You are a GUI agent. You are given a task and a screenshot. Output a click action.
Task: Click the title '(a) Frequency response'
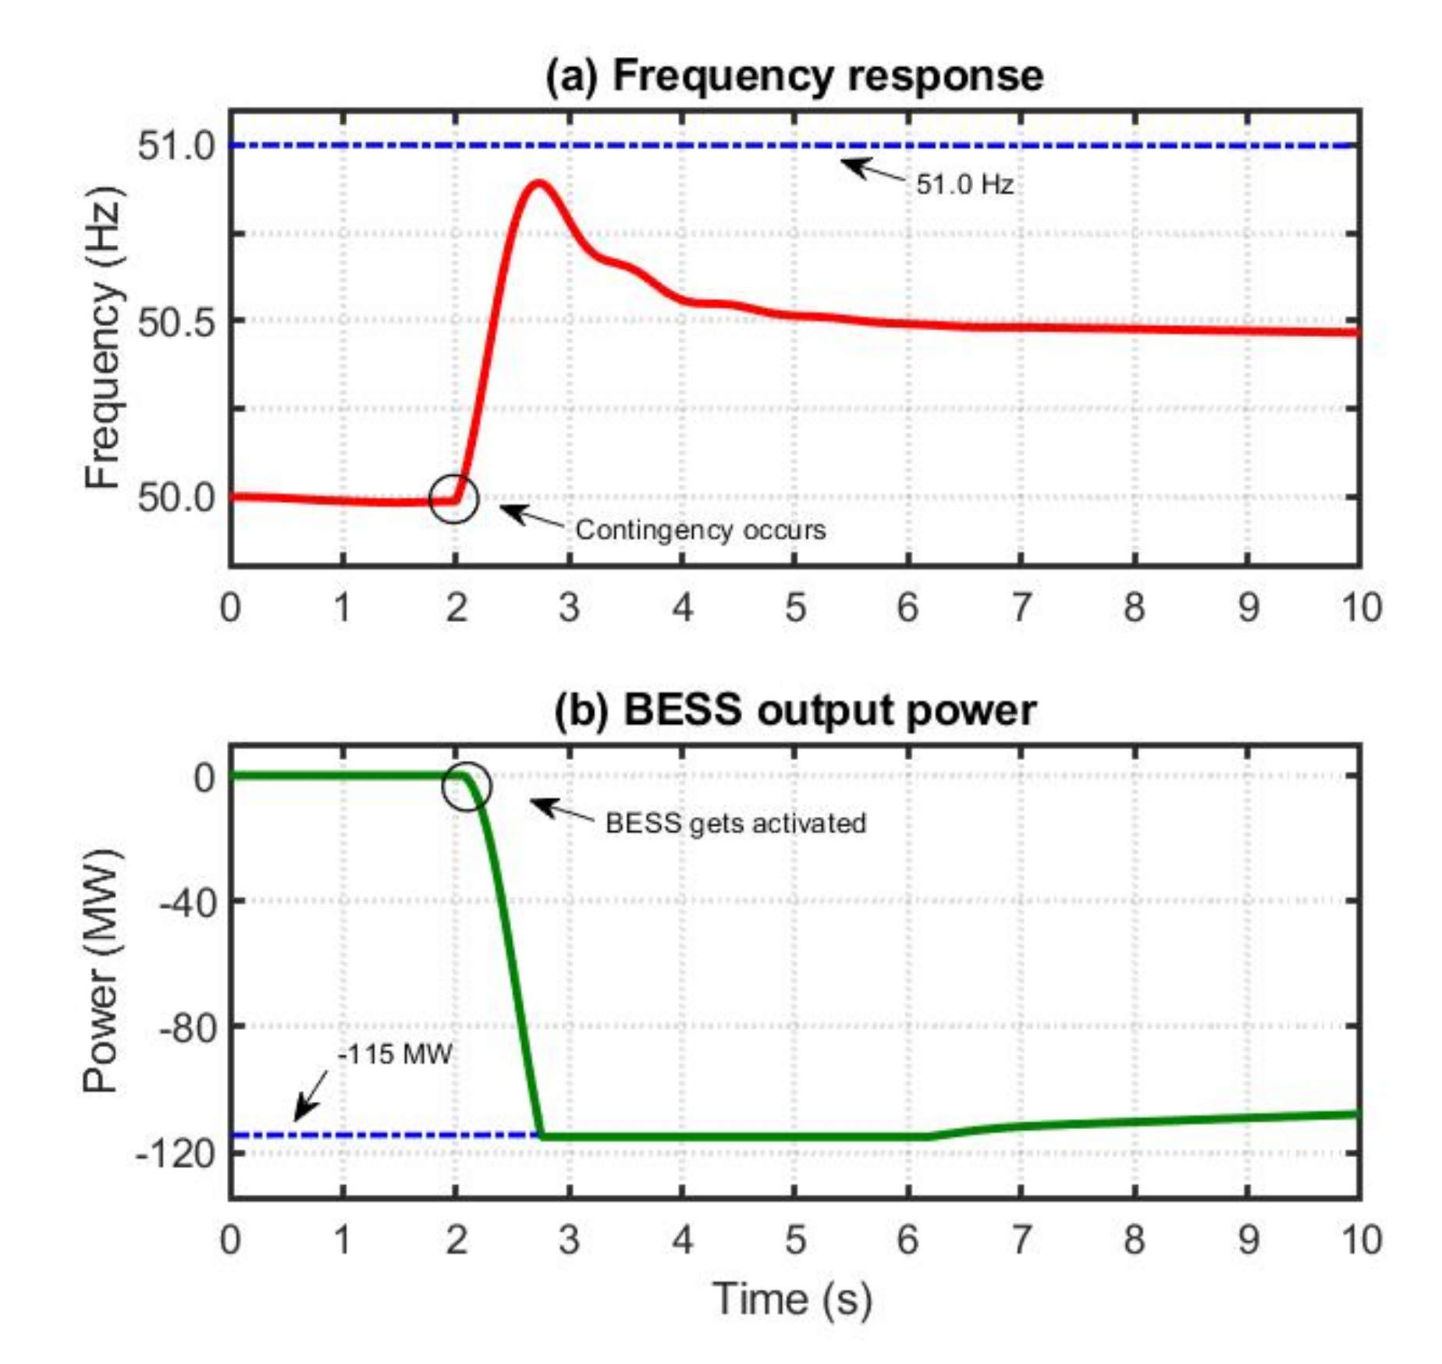coord(794,76)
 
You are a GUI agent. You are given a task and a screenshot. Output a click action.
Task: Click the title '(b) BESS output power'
coord(794,711)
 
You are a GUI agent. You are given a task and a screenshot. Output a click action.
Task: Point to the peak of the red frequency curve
coord(538,183)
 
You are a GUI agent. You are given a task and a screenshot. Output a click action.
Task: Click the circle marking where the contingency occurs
coord(453,498)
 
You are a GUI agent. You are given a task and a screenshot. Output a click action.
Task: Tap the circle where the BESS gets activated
coord(467,786)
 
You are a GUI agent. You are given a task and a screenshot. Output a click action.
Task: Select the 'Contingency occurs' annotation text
coord(700,531)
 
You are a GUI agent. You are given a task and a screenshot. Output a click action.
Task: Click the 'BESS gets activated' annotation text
coord(735,823)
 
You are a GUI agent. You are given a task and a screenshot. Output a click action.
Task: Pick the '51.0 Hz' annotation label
coord(964,185)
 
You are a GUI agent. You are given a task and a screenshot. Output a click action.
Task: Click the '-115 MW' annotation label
coord(395,1055)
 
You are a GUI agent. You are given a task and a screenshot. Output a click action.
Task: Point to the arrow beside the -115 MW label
coord(311,1096)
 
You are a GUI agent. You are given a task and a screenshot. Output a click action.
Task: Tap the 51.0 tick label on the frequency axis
coord(176,145)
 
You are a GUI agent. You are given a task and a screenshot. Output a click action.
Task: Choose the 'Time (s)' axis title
coord(792,1299)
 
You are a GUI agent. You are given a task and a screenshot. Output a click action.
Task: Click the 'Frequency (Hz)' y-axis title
coord(104,337)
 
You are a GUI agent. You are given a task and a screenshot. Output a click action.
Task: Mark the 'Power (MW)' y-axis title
coord(102,971)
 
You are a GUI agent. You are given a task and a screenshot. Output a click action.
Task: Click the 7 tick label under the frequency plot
coord(1021,607)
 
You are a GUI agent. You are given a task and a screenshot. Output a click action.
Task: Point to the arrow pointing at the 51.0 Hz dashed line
coord(872,169)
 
